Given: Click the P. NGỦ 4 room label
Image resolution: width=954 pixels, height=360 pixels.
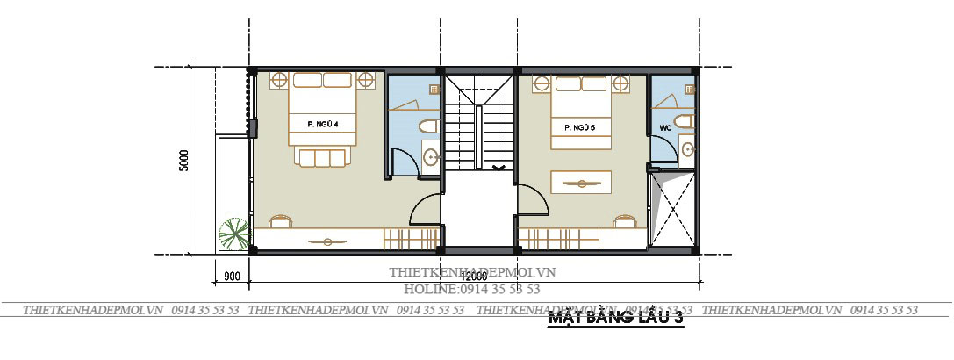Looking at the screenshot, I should click(323, 125).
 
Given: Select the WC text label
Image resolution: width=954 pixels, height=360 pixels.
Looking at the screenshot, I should click(664, 127).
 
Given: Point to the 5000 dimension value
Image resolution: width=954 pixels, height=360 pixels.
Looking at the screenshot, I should click(184, 161).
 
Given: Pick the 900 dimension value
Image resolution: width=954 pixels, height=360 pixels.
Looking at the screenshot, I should click(233, 277).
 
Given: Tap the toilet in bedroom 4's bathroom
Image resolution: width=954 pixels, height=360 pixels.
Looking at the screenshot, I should click(427, 126).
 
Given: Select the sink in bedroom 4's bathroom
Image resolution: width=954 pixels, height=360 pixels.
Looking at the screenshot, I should click(430, 157).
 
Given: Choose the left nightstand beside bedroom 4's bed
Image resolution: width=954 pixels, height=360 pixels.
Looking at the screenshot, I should click(278, 80).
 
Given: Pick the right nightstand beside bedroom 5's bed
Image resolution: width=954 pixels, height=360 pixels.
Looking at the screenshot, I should click(621, 84).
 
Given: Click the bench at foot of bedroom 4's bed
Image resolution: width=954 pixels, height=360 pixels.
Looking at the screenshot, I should click(322, 157).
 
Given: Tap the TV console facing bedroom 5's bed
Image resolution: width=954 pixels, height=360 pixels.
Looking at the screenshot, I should click(580, 183).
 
